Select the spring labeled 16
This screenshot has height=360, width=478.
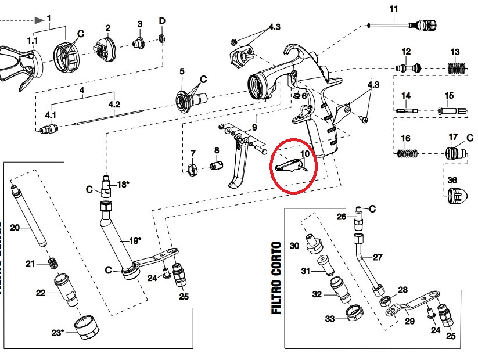click(x=407, y=154)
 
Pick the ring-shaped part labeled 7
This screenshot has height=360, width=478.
click(x=193, y=170)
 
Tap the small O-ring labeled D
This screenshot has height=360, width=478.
click(x=162, y=38)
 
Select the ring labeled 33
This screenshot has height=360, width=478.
click(x=352, y=312)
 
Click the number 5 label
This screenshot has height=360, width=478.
click(x=181, y=71)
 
